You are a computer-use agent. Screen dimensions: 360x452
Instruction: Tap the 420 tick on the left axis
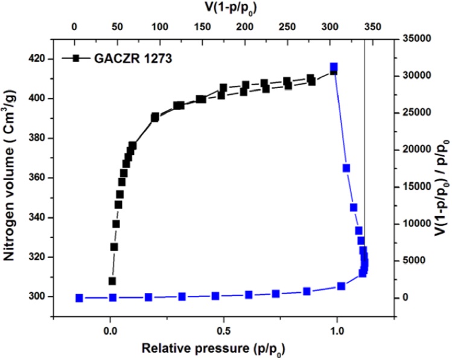pos(37,59)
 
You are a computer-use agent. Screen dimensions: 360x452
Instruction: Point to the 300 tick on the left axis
pos(37,297)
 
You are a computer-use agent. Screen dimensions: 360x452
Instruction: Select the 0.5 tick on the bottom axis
pos(224,331)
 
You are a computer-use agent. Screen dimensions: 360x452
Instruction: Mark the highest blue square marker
pos(334,67)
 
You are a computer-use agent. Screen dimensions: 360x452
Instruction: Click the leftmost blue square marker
pos(79,298)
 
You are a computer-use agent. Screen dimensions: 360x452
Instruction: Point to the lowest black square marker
pos(112,281)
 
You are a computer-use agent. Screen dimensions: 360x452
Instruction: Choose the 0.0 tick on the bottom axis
pos(110,331)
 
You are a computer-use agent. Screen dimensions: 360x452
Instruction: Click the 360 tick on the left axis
pos(37,178)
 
